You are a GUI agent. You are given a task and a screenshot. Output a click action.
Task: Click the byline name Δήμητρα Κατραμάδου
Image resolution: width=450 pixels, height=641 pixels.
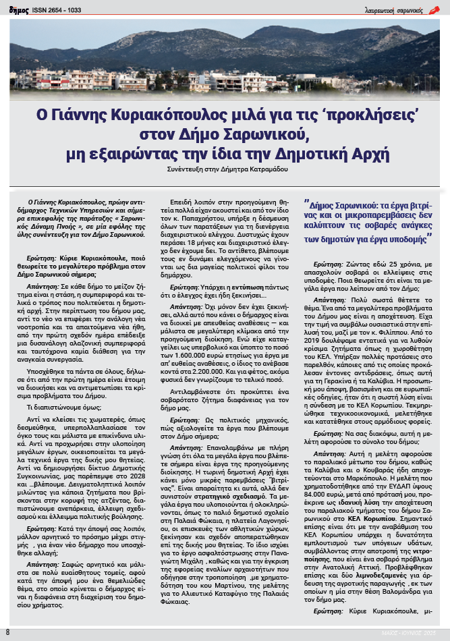tap(260, 170)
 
